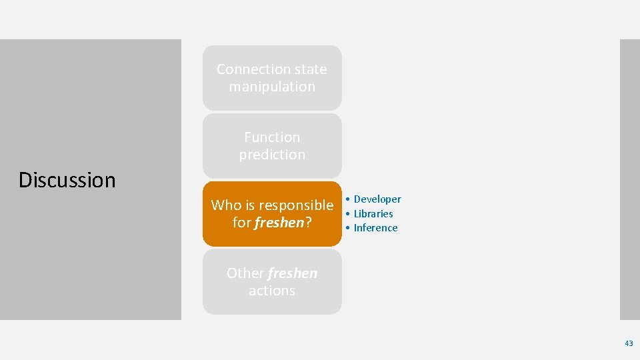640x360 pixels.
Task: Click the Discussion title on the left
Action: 67,180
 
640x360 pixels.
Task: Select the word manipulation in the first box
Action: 272,87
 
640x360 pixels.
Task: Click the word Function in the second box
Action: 272,137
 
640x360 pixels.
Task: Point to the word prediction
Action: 272,155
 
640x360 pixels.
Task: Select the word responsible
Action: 297,205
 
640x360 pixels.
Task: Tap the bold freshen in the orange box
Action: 279,223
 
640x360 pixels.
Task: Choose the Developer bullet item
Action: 377,199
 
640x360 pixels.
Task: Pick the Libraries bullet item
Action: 373,214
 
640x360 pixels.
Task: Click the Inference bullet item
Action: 375,228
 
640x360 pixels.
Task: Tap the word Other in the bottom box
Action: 245,273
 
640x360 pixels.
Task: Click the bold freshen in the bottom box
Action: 293,273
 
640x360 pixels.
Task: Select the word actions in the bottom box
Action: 272,291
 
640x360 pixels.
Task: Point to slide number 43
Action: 629,343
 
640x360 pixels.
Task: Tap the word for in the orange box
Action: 241,223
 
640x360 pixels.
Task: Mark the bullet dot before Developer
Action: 348,199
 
